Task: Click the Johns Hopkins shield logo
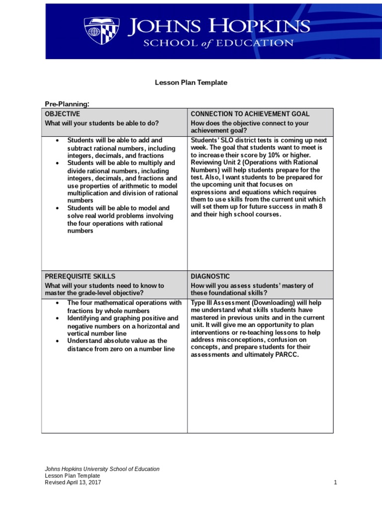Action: click(x=101, y=31)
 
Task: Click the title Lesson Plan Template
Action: click(x=191, y=83)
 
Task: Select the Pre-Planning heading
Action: click(x=67, y=104)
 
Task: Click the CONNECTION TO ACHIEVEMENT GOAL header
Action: click(x=250, y=114)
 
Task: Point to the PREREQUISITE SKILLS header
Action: click(x=80, y=276)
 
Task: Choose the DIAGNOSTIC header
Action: click(x=210, y=276)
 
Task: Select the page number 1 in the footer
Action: click(x=336, y=483)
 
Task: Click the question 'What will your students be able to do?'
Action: click(x=102, y=123)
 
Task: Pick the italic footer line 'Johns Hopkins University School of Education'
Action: click(x=102, y=469)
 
